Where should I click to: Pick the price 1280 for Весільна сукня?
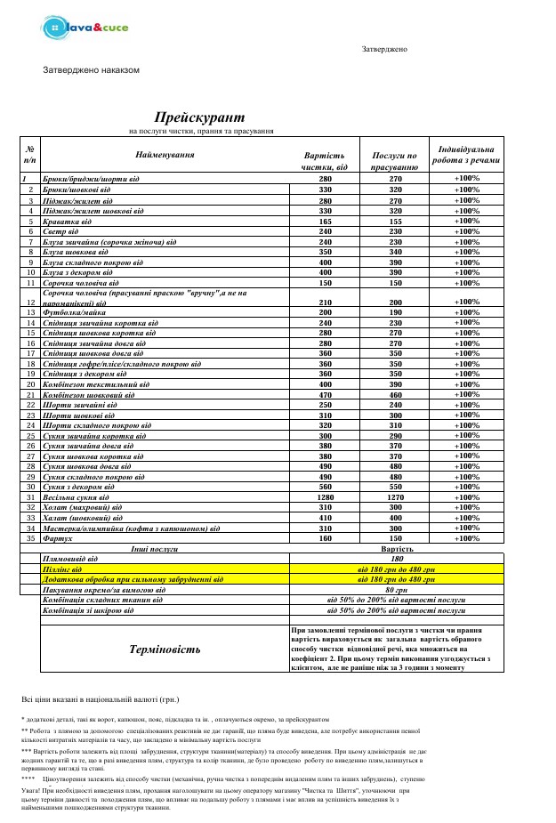tap(325, 497)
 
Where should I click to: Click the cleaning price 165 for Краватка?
tap(325, 221)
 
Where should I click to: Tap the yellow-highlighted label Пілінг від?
tap(62, 568)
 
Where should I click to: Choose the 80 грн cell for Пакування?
tap(397, 589)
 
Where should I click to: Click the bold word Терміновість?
tap(165, 649)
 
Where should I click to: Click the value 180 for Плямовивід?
tap(397, 558)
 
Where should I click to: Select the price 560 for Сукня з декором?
tap(325, 487)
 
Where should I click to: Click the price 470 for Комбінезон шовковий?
tap(325, 395)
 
